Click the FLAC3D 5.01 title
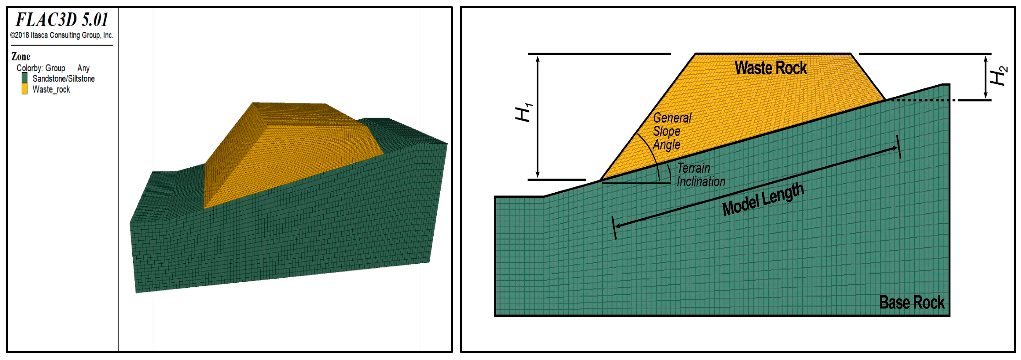(x=62, y=19)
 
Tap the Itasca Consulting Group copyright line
(x=62, y=35)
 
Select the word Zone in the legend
(x=21, y=56)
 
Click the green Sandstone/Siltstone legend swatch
(x=25, y=78)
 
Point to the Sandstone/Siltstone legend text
(x=64, y=79)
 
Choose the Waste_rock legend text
(x=51, y=89)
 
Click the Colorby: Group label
(x=41, y=68)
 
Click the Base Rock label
(x=912, y=303)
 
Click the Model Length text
(x=763, y=199)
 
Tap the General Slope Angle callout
(x=672, y=131)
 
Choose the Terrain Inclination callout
(x=701, y=175)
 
